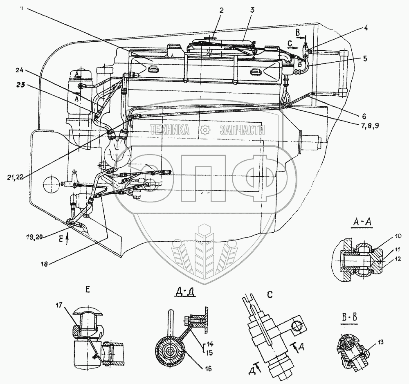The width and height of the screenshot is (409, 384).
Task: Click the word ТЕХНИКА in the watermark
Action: coord(170,130)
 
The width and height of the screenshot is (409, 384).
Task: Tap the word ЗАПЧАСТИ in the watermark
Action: coord(242,130)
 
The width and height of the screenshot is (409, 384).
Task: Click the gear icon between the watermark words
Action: coord(204,130)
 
